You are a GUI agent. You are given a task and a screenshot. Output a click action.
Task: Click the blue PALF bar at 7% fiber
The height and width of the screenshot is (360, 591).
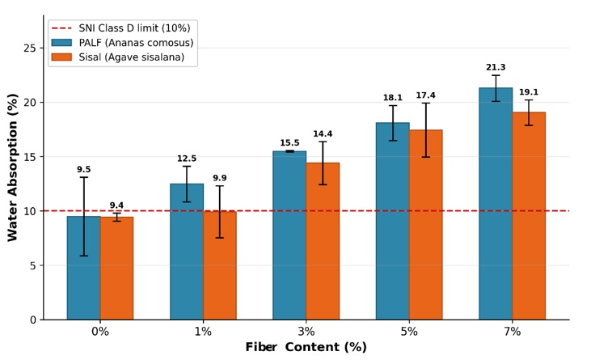(496, 204)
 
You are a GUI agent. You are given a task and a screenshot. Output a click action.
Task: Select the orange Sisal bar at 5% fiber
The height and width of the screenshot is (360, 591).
(425, 225)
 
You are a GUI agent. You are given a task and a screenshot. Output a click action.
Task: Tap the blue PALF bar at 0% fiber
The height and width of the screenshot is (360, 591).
(83, 268)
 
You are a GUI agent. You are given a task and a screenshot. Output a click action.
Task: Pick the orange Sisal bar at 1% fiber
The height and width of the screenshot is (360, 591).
(220, 265)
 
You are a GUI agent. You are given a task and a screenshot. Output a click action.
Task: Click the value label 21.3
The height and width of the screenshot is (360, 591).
(496, 67)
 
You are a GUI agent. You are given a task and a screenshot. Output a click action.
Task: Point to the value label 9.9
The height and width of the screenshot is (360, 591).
(220, 178)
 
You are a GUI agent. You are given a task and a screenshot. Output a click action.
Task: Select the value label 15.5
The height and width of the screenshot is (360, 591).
(289, 143)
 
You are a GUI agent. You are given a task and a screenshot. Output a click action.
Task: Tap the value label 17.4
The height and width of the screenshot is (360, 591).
(425, 95)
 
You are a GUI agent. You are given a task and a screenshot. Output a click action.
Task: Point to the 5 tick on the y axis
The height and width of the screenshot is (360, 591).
(33, 266)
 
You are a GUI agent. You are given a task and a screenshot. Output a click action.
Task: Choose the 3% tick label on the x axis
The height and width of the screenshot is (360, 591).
(306, 332)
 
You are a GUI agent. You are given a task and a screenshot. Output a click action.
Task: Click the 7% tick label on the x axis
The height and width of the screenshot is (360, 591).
(513, 332)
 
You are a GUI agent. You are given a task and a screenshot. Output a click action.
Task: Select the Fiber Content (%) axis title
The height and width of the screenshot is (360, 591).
(306, 347)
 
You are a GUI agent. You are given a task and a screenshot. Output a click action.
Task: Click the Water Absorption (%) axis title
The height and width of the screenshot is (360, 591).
(12, 167)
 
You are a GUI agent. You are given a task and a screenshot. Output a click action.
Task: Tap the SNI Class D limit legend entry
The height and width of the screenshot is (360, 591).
(121, 28)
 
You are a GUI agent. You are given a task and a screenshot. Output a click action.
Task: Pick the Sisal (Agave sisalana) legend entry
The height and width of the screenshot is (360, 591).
(118, 57)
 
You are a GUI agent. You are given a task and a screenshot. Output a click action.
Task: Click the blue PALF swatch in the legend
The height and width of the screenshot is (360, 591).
(61, 43)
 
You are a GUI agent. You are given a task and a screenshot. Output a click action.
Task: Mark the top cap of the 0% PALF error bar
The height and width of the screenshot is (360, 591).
(83, 177)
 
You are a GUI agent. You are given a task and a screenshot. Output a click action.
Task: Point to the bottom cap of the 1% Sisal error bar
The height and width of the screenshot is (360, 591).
(220, 238)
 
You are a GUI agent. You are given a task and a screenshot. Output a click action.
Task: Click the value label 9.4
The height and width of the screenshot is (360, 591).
(116, 205)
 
